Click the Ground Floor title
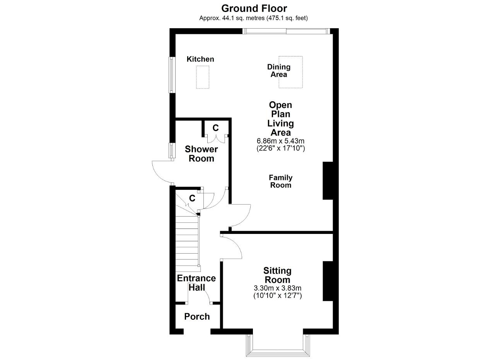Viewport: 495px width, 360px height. [x=254, y=9]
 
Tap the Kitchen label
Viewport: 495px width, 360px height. [x=200, y=59]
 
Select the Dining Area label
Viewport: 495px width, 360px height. [x=279, y=70]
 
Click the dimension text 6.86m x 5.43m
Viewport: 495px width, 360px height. [x=280, y=141]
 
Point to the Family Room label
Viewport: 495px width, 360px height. [x=281, y=181]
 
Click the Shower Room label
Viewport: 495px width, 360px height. [x=201, y=154]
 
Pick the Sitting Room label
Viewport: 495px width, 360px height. [x=277, y=275]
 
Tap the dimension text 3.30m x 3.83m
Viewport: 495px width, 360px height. [x=278, y=288]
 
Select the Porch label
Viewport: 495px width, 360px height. [x=197, y=316]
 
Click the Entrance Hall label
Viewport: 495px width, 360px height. [x=196, y=283]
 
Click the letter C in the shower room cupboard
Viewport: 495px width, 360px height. [x=215, y=128]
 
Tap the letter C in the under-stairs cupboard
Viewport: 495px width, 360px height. [x=192, y=198]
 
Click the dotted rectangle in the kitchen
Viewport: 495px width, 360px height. [x=203, y=77]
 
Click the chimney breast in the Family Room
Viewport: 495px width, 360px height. [x=328, y=181]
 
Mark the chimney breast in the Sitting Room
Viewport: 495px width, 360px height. [x=328, y=281]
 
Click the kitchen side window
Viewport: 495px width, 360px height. [x=172, y=75]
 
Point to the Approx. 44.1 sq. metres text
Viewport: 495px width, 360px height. [x=232, y=18]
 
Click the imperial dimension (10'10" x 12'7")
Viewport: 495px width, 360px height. [x=278, y=295]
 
